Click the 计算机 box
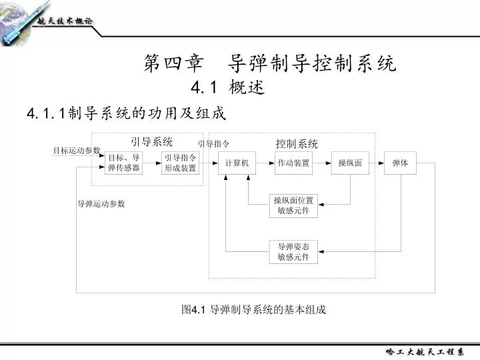pyautogui.click(x=237, y=163)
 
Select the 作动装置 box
pyautogui.click(x=293, y=163)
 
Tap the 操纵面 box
pyautogui.click(x=350, y=163)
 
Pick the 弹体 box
pyautogui.click(x=400, y=163)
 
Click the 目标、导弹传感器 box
pyautogui.click(x=124, y=163)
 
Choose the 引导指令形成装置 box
pyautogui.click(x=180, y=163)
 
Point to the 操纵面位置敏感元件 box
pyautogui.click(x=293, y=206)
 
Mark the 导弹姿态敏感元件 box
pyautogui.click(x=293, y=252)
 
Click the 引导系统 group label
pyautogui.click(x=152, y=142)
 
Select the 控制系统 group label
pyautogui.click(x=297, y=143)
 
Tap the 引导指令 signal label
pyautogui.click(x=213, y=143)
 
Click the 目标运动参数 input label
pyautogui.click(x=77, y=150)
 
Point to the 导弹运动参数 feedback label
pyautogui.click(x=101, y=203)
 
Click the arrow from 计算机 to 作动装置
pyautogui.click(x=265, y=163)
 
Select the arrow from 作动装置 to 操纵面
pyautogui.click(x=322, y=163)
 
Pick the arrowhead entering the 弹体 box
pyautogui.click(x=381, y=163)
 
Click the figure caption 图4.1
pyautogui.click(x=193, y=309)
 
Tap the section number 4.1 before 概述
pyautogui.click(x=203, y=87)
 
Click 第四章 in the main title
pyautogui.click(x=173, y=63)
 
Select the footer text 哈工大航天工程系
pyautogui.click(x=425, y=352)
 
